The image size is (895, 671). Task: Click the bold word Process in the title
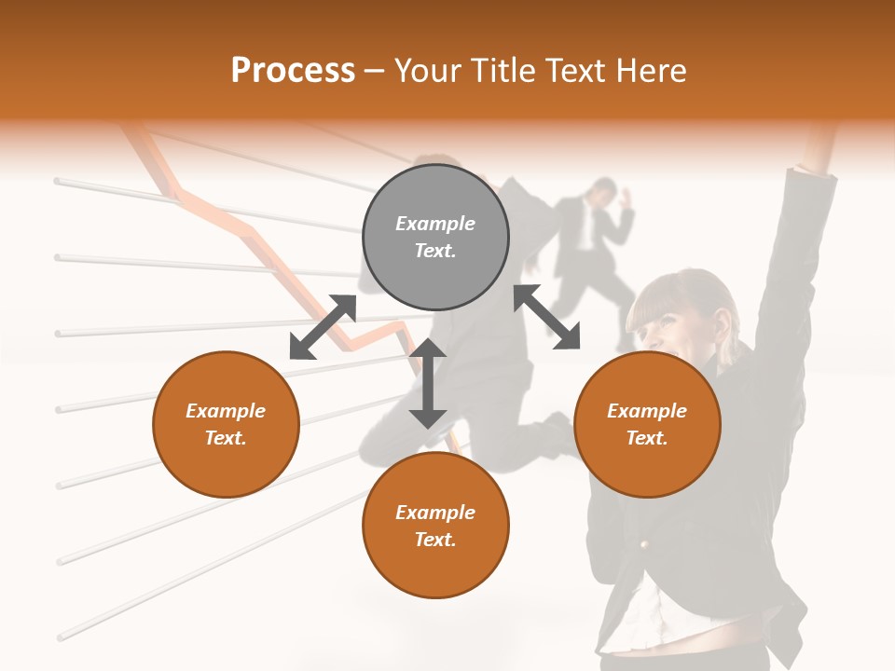(x=293, y=71)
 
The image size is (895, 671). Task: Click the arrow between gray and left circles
(x=323, y=327)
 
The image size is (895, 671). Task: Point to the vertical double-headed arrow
(x=428, y=383)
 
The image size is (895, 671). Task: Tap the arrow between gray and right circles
(x=547, y=317)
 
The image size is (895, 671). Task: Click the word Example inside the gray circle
(x=435, y=224)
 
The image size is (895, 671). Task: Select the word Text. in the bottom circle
(x=435, y=540)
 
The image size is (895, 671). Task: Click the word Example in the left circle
(x=226, y=411)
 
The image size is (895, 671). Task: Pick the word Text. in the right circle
(x=647, y=438)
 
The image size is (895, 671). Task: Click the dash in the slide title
(x=375, y=71)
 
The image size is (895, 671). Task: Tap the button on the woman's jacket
(x=642, y=542)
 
